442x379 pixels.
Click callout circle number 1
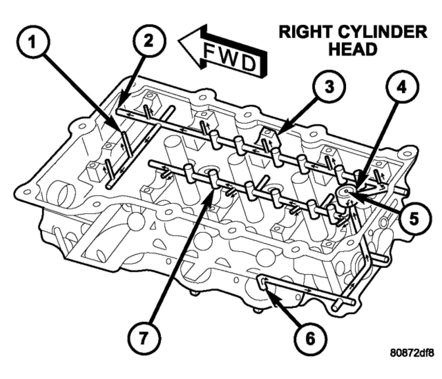click(x=33, y=43)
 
